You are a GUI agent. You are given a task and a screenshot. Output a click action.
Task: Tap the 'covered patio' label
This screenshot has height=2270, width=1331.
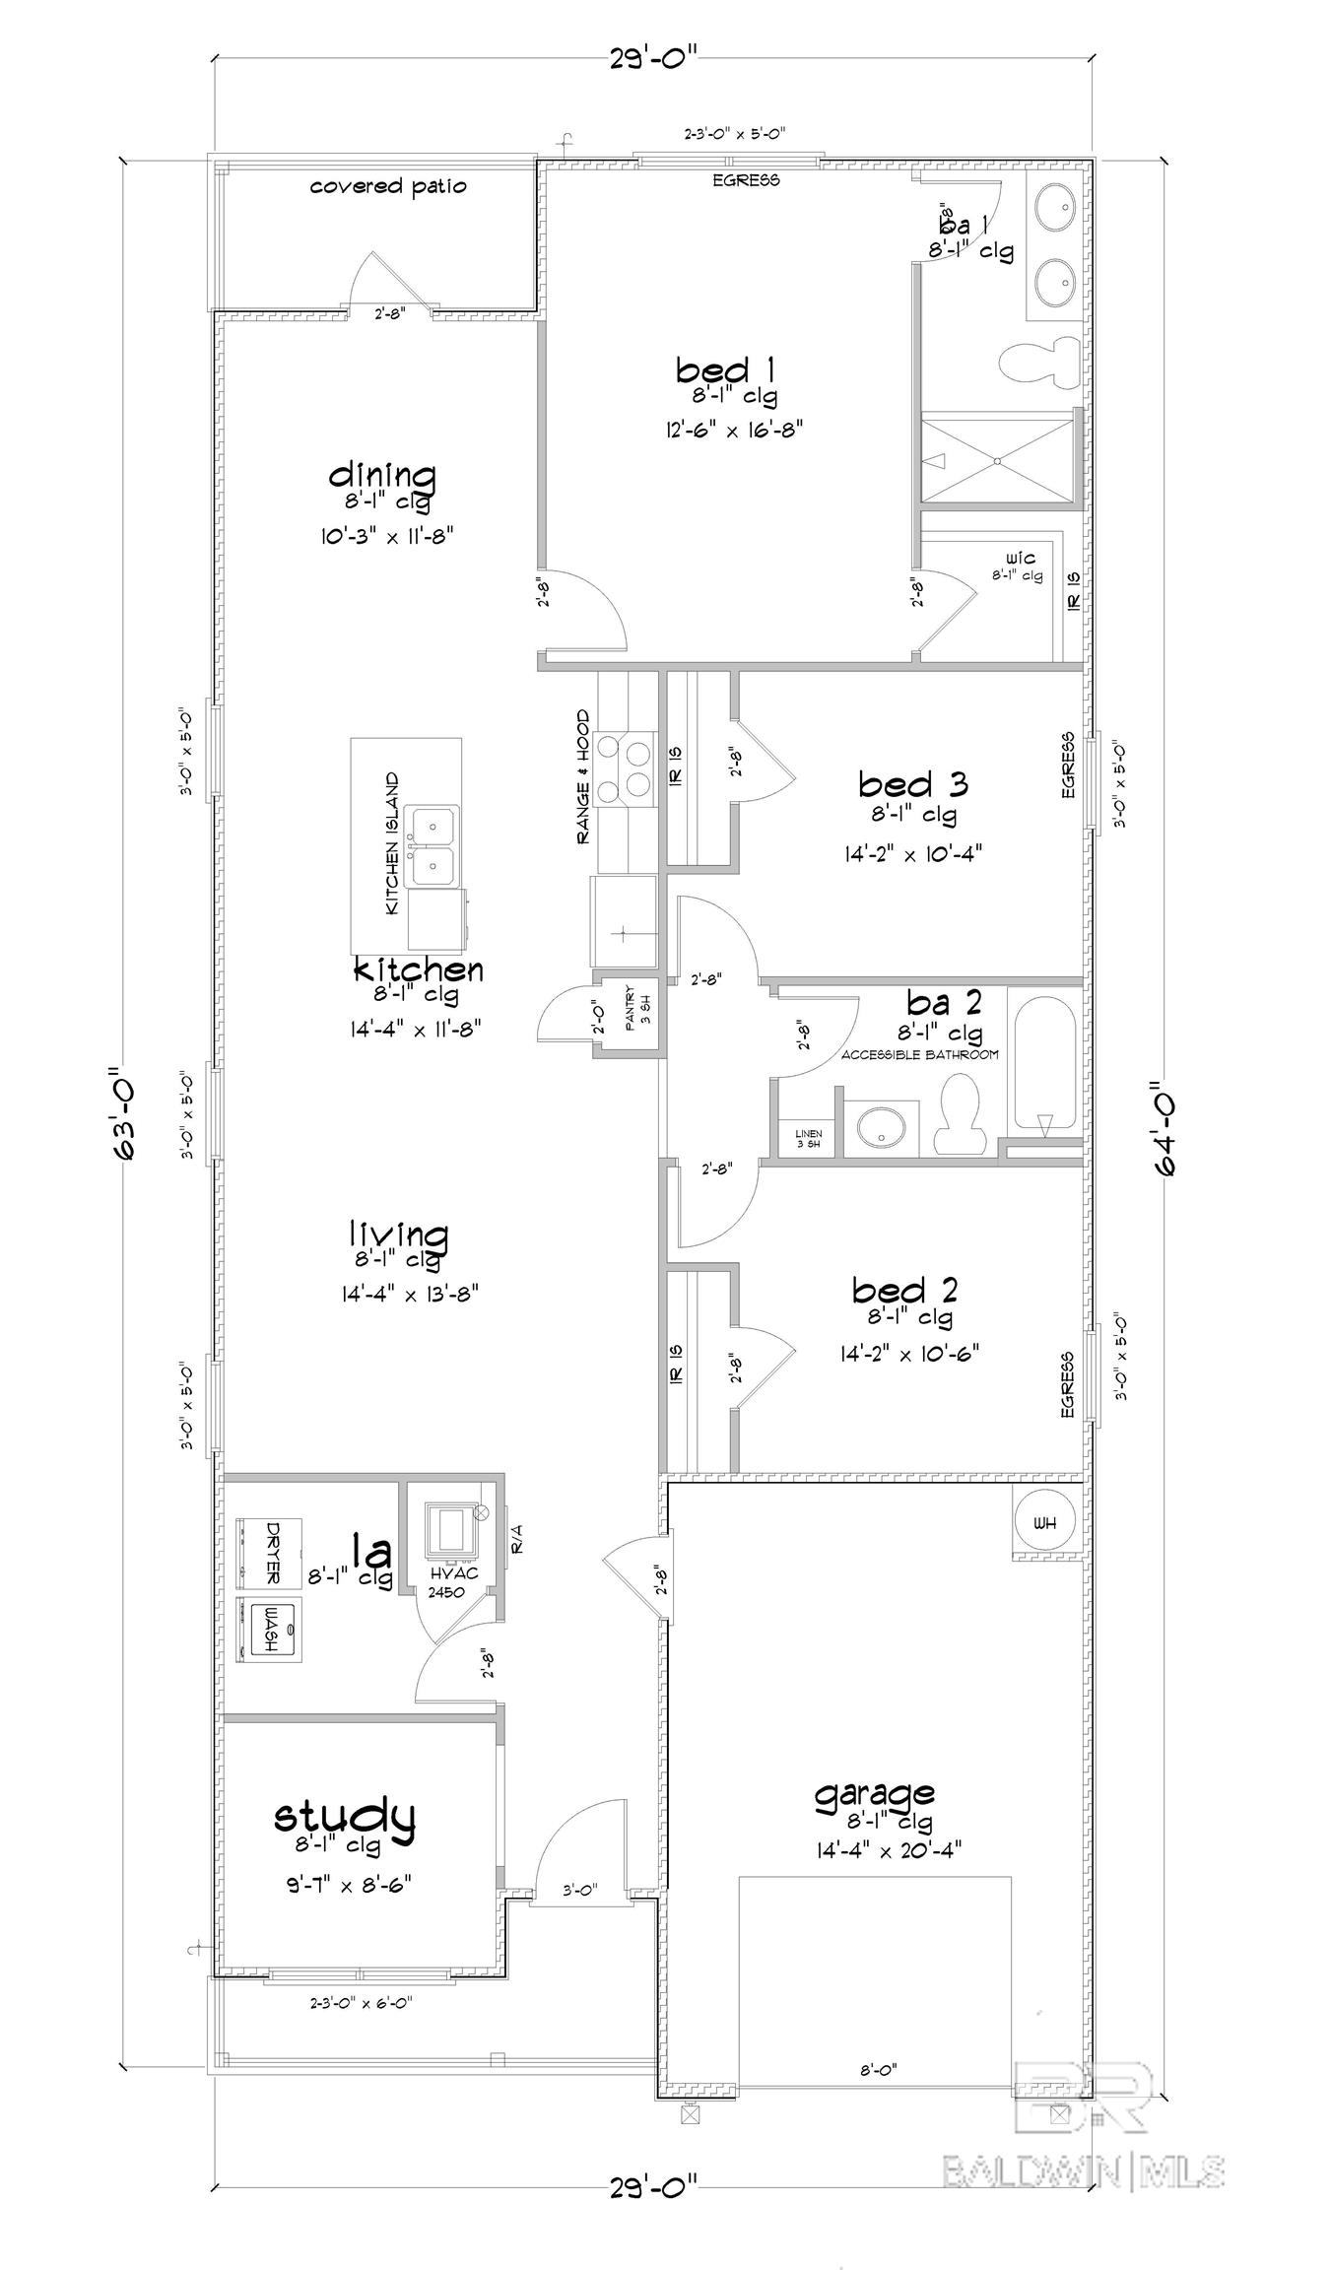(388, 186)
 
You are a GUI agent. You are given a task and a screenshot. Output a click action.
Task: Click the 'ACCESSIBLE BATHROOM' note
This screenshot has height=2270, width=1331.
(919, 1054)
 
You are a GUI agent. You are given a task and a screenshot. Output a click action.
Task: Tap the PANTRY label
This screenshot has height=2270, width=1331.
(631, 1005)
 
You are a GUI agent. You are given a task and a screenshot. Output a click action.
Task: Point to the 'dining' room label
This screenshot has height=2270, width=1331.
(382, 476)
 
